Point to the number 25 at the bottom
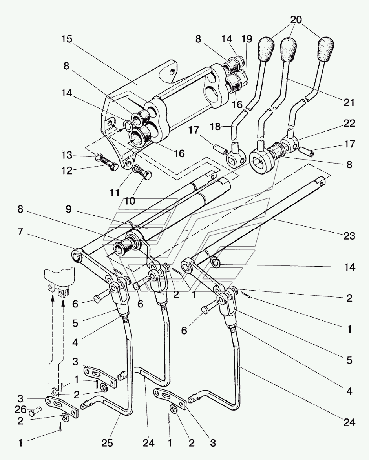pyautogui.click(x=107, y=443)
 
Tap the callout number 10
pyautogui.click(x=130, y=201)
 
